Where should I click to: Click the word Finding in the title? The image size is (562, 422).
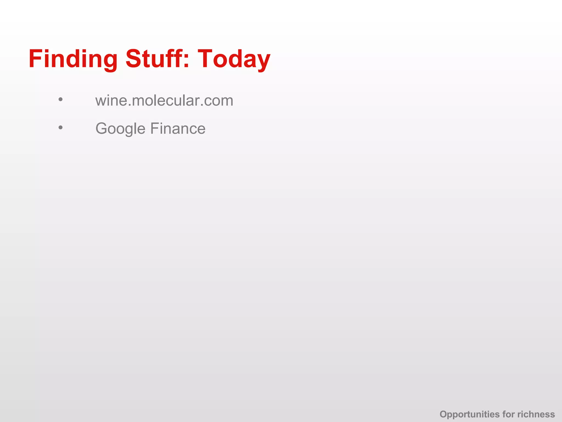point(73,59)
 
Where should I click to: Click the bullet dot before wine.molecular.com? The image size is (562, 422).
point(61,99)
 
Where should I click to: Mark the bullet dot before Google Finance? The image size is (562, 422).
point(61,127)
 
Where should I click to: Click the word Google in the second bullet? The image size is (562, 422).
point(120,129)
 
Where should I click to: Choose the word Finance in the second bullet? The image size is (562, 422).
point(178,129)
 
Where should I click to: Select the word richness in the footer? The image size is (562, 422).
point(536,414)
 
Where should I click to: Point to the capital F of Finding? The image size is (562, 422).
point(35,59)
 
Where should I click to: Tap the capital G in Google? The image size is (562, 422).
point(101,129)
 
